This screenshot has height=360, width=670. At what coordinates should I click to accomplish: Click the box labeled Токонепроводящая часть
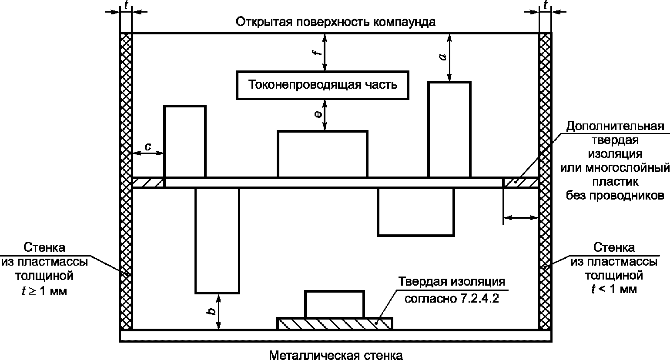(x=323, y=84)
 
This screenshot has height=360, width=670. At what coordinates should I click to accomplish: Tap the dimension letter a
(x=442, y=57)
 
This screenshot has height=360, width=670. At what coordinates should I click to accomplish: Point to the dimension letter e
(x=318, y=114)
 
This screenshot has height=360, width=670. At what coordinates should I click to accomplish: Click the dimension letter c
(x=148, y=147)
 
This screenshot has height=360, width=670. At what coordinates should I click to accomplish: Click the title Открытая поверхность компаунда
(x=335, y=22)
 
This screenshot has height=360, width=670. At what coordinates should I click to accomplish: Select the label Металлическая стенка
(x=335, y=355)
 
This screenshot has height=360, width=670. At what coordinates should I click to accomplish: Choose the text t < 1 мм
(x=614, y=289)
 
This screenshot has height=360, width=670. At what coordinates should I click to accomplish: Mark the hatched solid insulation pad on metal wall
(x=335, y=323)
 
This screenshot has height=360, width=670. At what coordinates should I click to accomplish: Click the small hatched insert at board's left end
(x=148, y=183)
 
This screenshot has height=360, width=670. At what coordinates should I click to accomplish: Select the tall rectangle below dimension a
(x=449, y=129)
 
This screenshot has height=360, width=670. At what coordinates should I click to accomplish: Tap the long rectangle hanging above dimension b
(x=217, y=240)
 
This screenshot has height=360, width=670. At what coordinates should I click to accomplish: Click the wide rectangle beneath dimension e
(x=322, y=154)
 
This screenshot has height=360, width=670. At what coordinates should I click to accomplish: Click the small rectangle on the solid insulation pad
(x=334, y=304)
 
